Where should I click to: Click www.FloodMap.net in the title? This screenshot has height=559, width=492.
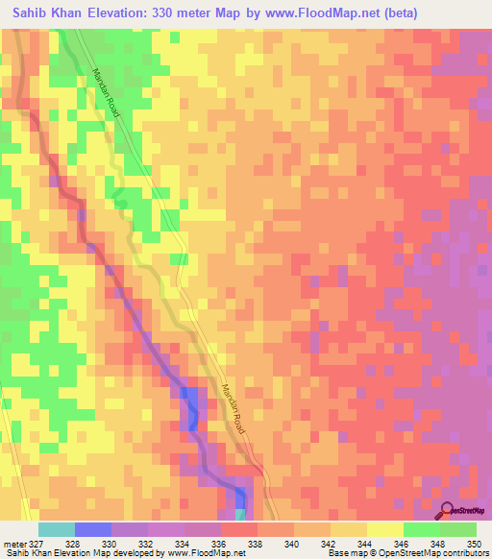pyautogui.click(x=315, y=15)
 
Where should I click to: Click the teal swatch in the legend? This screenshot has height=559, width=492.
pyautogui.click(x=57, y=529)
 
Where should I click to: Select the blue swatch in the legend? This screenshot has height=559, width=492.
pyautogui.click(x=93, y=529)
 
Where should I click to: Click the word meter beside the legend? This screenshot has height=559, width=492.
pyautogui.click(x=14, y=545)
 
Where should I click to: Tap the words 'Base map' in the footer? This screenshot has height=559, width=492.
pyautogui.click(x=344, y=554)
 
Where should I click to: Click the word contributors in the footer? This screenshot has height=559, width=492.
pyautogui.click(x=466, y=554)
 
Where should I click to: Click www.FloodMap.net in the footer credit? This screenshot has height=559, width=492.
pyautogui.click(x=205, y=554)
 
